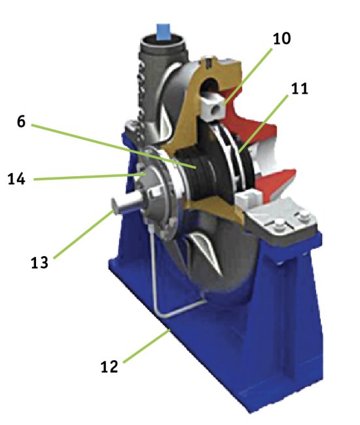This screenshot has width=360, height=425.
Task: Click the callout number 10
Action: (281, 39)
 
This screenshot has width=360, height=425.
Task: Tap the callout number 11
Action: (300, 88)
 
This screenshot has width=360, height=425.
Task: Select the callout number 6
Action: (21, 121)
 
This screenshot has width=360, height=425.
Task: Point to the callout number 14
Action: (16, 179)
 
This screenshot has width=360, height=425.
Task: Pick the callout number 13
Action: (39, 263)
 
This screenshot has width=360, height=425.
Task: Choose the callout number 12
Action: (109, 367)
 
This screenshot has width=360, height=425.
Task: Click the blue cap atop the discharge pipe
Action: (164, 31)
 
